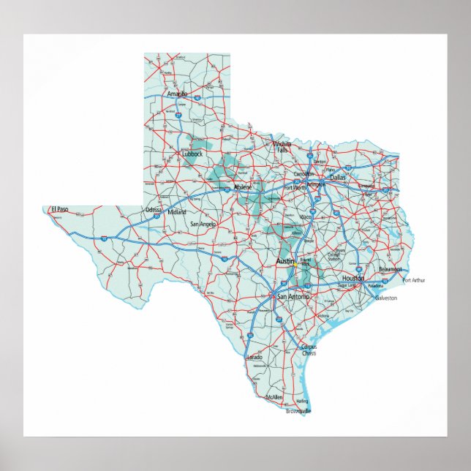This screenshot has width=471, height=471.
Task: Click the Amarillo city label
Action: coord(177,94)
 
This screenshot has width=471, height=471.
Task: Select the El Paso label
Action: coord(59,210)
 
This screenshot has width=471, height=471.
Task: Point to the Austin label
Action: coord(285,261)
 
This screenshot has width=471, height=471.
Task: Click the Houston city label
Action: coord(353,279)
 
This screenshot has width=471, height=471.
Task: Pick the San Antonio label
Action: coord(292,296)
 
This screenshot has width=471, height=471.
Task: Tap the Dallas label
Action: coord(337,177)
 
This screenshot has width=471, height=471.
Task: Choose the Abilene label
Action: coord(243,188)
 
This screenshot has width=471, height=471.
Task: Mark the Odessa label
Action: coord(154,210)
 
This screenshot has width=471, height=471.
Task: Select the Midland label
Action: coord(177,212)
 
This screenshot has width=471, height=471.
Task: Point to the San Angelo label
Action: coord(203,224)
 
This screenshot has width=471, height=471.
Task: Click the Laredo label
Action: coord(255,357)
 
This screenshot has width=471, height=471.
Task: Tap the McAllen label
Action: coord(274,397)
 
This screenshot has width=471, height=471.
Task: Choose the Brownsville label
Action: coord(298,412)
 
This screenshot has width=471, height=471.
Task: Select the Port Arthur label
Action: coord(413,280)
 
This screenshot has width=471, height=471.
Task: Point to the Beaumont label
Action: coord(390,269)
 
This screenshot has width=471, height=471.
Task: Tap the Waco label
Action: coord(306,217)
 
